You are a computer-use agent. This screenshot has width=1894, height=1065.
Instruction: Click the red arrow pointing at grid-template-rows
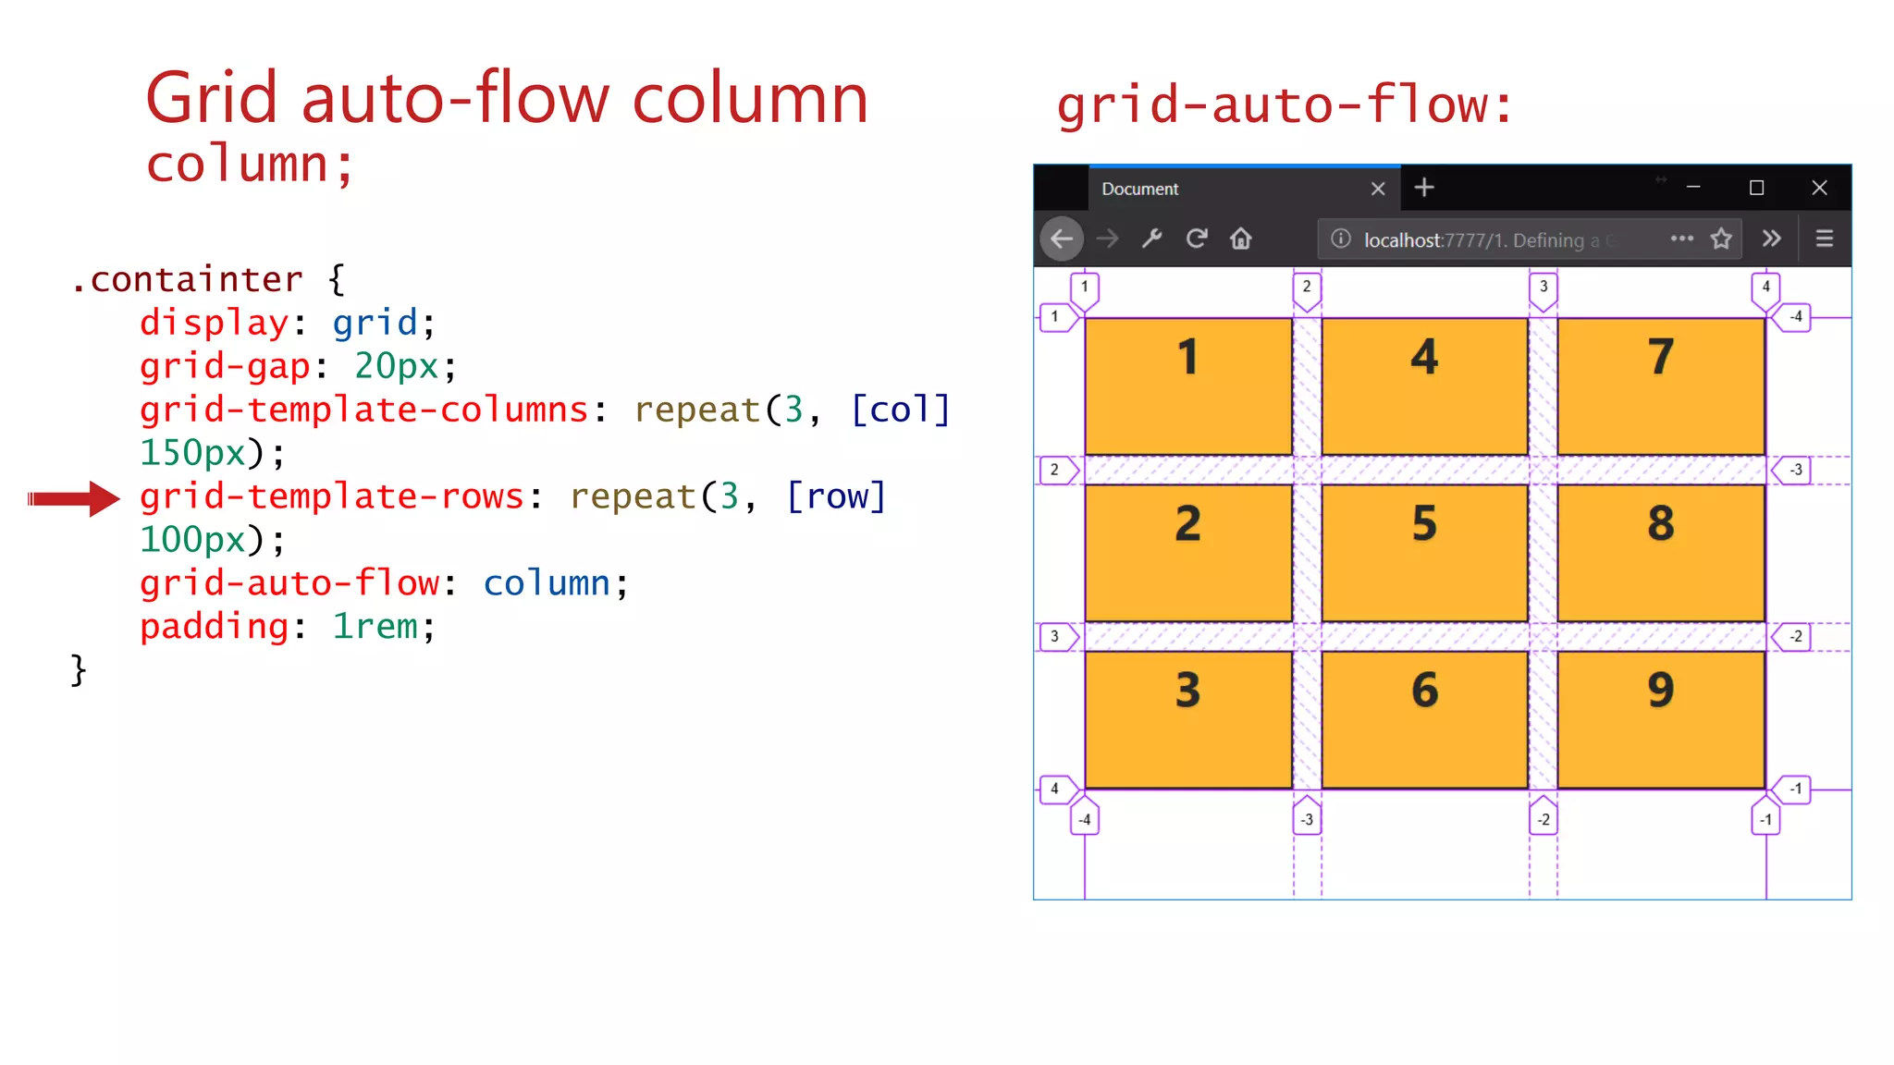click(74, 499)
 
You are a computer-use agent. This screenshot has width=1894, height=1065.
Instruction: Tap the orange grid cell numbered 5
click(1424, 553)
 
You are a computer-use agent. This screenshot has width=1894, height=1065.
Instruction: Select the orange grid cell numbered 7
click(1661, 386)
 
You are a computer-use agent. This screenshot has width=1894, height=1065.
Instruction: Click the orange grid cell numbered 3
click(1188, 719)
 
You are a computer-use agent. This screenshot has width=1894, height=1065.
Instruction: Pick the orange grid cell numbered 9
click(1661, 719)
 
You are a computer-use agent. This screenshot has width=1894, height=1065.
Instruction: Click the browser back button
click(1062, 239)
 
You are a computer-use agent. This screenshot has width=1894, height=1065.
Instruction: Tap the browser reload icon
click(1197, 239)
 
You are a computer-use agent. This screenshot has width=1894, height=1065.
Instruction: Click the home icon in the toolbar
click(1241, 239)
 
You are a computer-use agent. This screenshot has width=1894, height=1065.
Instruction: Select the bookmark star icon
click(1721, 239)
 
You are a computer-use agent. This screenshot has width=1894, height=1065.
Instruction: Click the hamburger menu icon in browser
click(1824, 239)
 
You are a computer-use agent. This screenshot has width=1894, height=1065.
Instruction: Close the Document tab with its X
click(1378, 189)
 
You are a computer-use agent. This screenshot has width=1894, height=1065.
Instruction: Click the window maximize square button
click(1756, 189)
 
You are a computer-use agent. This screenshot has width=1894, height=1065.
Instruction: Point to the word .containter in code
click(188, 279)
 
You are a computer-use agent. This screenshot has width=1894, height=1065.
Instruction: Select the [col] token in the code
click(900, 410)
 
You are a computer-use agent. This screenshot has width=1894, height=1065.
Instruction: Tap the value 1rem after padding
click(375, 627)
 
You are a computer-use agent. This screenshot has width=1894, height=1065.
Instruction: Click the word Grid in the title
click(211, 98)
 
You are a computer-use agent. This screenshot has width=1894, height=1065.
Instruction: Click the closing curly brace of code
click(79, 669)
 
